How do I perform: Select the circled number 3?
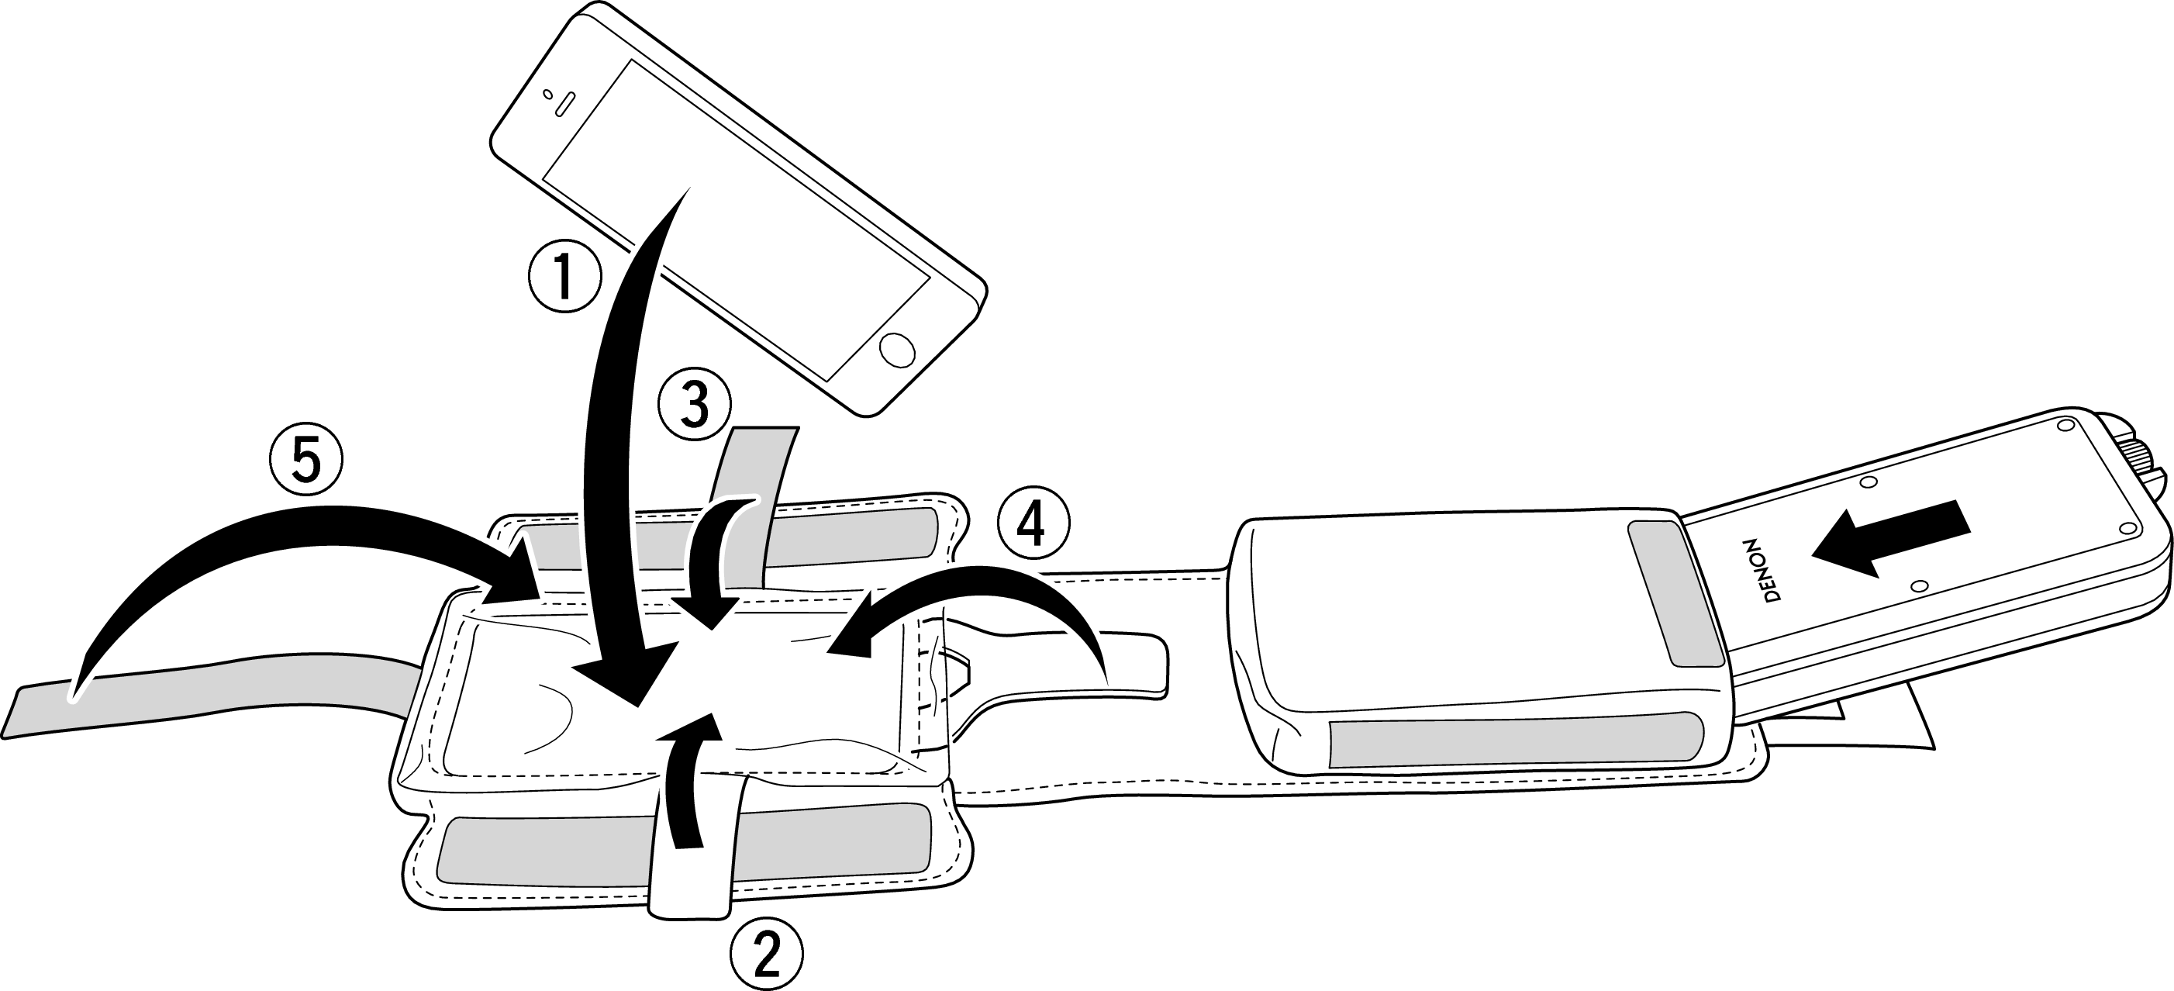tap(695, 406)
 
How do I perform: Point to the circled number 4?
tap(1033, 527)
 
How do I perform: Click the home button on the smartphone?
tap(897, 350)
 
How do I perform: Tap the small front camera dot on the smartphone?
tap(547, 92)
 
